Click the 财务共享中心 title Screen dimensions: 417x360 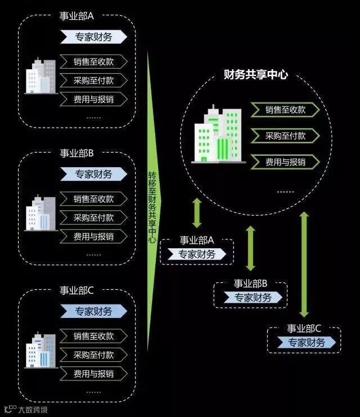pyautogui.click(x=255, y=74)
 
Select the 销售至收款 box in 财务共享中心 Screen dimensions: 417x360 pyautogui.click(x=285, y=110)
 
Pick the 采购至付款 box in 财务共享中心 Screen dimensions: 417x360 pyautogui.click(x=285, y=136)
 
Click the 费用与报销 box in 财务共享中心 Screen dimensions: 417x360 pyautogui.click(x=285, y=162)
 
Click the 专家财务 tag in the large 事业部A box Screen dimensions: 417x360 pyautogui.click(x=93, y=37)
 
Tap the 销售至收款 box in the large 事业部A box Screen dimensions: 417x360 pyautogui.click(x=93, y=62)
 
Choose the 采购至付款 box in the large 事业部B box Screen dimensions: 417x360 pyautogui.click(x=93, y=218)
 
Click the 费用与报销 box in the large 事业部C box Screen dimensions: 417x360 pyautogui.click(x=93, y=373)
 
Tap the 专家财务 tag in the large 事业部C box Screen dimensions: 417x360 pyautogui.click(x=93, y=311)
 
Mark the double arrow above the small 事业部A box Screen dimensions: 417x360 pyautogui.click(x=197, y=212)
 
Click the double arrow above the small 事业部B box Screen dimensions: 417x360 pyautogui.click(x=251, y=247)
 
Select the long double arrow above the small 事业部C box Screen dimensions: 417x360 pyautogui.click(x=304, y=264)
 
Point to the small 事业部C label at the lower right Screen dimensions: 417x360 pyautogui.click(x=304, y=329)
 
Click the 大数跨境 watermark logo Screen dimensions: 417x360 pyautogui.click(x=25, y=409)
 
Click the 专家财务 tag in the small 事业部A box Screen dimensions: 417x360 pyautogui.click(x=197, y=254)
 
